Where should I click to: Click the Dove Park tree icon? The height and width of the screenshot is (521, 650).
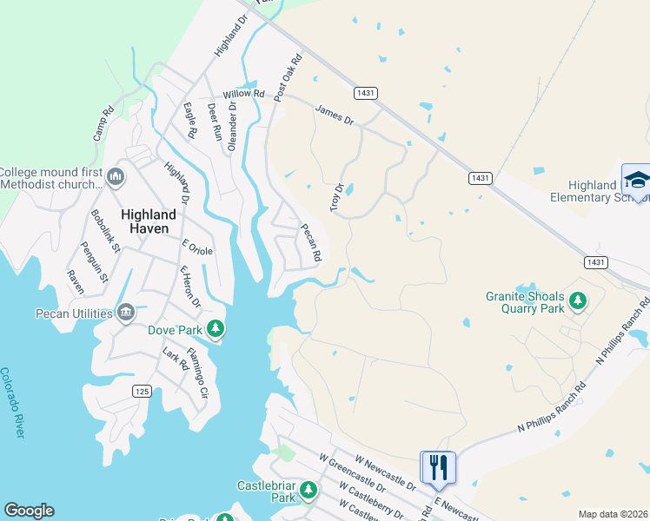[216, 329]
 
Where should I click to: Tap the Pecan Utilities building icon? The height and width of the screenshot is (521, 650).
[125, 312]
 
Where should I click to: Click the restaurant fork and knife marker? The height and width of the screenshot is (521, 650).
[438, 467]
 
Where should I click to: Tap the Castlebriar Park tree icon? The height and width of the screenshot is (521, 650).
[308, 491]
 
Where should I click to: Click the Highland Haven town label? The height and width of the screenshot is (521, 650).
[149, 221]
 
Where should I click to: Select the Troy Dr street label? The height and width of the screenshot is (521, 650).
[336, 197]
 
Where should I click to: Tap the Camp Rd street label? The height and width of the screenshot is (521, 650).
[103, 123]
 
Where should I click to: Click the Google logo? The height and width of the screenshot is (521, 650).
[29, 511]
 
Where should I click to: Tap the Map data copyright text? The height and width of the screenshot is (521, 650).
[613, 514]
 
